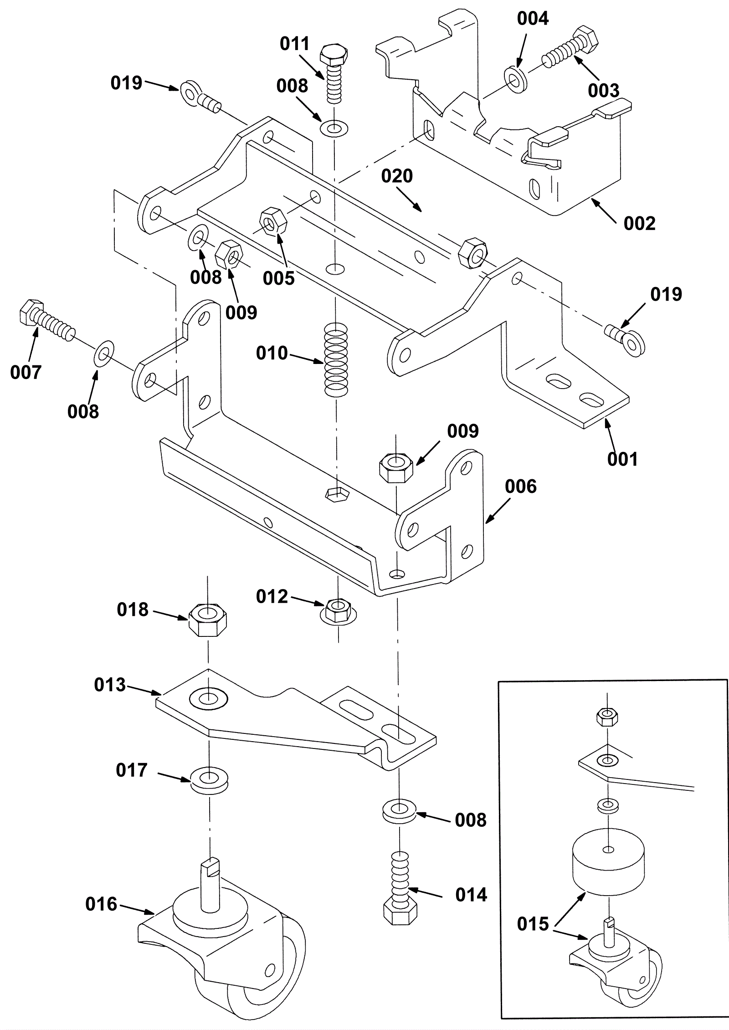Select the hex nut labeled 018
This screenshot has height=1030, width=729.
click(x=208, y=620)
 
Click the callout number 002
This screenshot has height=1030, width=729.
click(x=639, y=223)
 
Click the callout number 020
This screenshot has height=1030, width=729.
click(x=397, y=176)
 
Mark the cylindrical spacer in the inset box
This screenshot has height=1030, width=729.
click(x=608, y=857)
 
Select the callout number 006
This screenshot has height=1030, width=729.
click(x=521, y=487)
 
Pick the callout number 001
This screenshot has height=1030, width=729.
click(x=623, y=459)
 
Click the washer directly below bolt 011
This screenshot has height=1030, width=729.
click(x=334, y=128)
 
